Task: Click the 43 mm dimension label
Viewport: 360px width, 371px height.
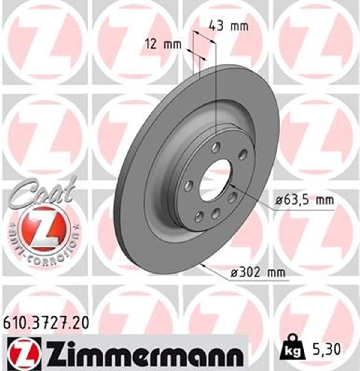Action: [229, 26]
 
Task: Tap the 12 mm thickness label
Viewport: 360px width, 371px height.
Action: [164, 45]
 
